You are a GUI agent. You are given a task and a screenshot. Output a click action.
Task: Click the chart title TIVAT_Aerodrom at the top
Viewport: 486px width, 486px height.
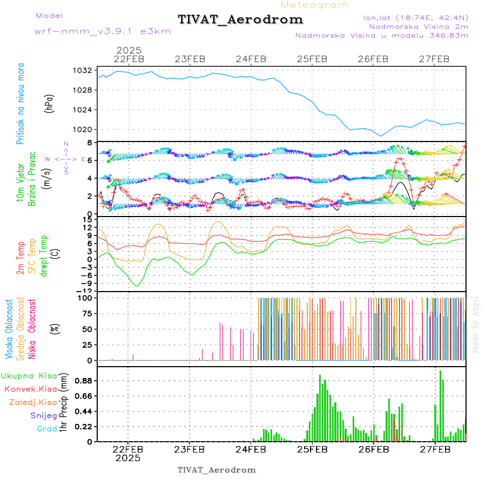point(240,19)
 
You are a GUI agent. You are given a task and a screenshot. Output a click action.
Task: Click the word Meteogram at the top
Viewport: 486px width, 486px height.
point(314,5)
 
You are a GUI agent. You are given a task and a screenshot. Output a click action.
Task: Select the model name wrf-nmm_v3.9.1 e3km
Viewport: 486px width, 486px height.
point(103,31)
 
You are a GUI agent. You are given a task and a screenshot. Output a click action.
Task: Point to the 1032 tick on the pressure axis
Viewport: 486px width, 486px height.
point(83,70)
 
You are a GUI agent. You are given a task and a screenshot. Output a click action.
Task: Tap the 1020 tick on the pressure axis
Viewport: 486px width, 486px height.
point(83,130)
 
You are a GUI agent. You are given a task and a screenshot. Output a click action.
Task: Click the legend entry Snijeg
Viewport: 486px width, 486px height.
point(43,415)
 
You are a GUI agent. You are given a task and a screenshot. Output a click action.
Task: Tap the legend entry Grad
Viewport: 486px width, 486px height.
point(46,429)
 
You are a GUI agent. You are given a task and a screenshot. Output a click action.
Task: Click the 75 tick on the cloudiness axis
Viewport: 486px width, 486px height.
point(86,313)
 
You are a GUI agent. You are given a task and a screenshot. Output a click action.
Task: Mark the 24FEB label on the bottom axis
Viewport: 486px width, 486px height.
point(251,449)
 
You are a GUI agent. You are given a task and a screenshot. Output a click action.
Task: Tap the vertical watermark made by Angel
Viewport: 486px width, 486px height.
point(476,324)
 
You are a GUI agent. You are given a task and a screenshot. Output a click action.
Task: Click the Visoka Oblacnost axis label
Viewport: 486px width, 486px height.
point(9,329)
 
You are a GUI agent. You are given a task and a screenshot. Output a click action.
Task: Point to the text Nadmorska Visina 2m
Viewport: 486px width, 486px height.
point(418,26)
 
